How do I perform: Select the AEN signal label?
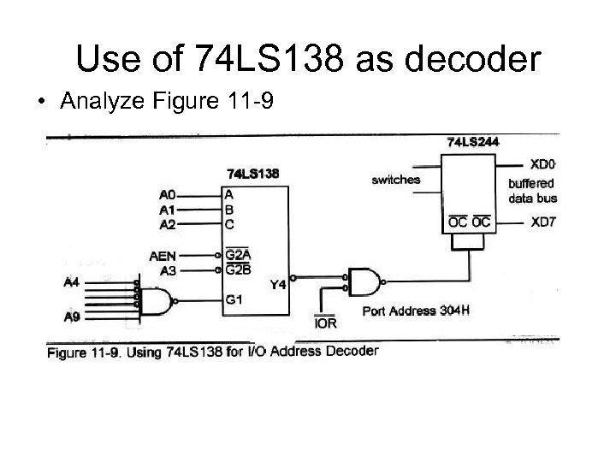[163, 255]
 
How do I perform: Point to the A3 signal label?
[167, 269]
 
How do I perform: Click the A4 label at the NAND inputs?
[73, 281]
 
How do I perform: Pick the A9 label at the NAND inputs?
[73, 317]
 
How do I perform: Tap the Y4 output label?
[277, 285]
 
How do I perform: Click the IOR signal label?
[326, 323]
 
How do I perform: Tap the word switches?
[395, 180]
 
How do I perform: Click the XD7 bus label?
[543, 223]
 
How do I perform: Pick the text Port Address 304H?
[417, 310]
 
